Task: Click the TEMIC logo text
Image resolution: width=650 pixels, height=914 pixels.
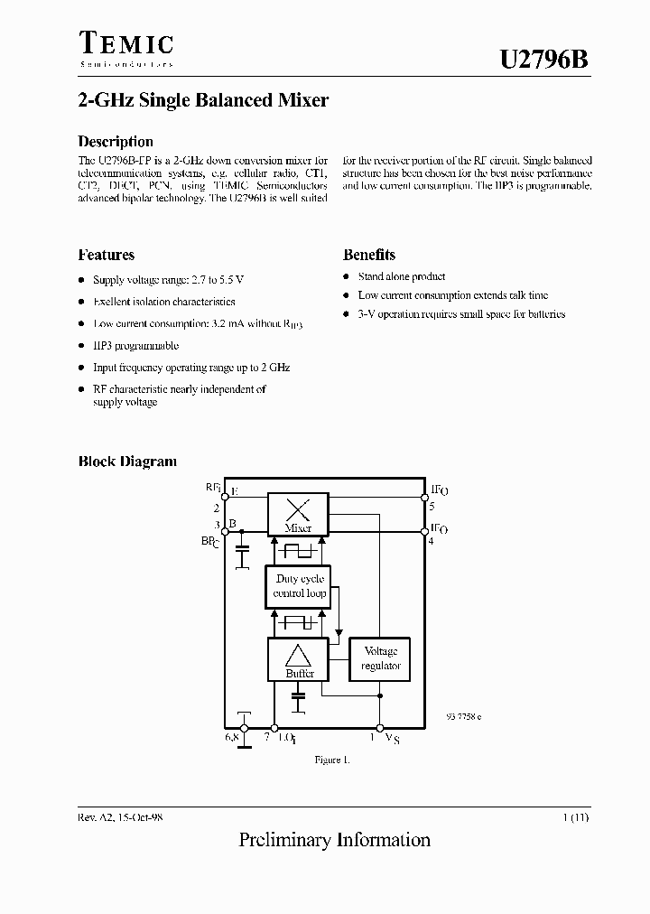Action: (x=125, y=45)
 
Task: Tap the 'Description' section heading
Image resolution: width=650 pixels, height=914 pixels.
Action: (x=116, y=141)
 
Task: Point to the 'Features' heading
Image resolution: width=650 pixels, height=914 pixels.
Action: (x=107, y=255)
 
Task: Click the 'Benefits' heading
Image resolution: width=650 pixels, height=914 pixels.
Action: (x=369, y=255)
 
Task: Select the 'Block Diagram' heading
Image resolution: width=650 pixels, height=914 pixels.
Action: (x=127, y=462)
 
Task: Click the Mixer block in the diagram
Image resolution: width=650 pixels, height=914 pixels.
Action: (x=298, y=515)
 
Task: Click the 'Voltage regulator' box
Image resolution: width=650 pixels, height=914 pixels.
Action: (x=380, y=658)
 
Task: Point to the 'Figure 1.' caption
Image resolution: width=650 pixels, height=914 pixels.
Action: (x=332, y=760)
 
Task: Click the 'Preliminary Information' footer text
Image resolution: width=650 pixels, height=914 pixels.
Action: (x=335, y=840)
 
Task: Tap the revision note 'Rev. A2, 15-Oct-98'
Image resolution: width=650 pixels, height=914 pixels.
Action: (x=120, y=816)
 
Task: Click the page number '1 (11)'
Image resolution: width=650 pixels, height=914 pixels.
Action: (x=575, y=816)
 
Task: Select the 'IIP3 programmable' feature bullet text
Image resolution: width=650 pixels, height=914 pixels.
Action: (x=136, y=345)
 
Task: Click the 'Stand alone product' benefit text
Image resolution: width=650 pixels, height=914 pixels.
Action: (x=401, y=276)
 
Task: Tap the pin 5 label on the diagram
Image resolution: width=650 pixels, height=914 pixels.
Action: (x=432, y=507)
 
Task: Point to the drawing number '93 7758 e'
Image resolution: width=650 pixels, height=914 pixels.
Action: (x=464, y=716)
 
